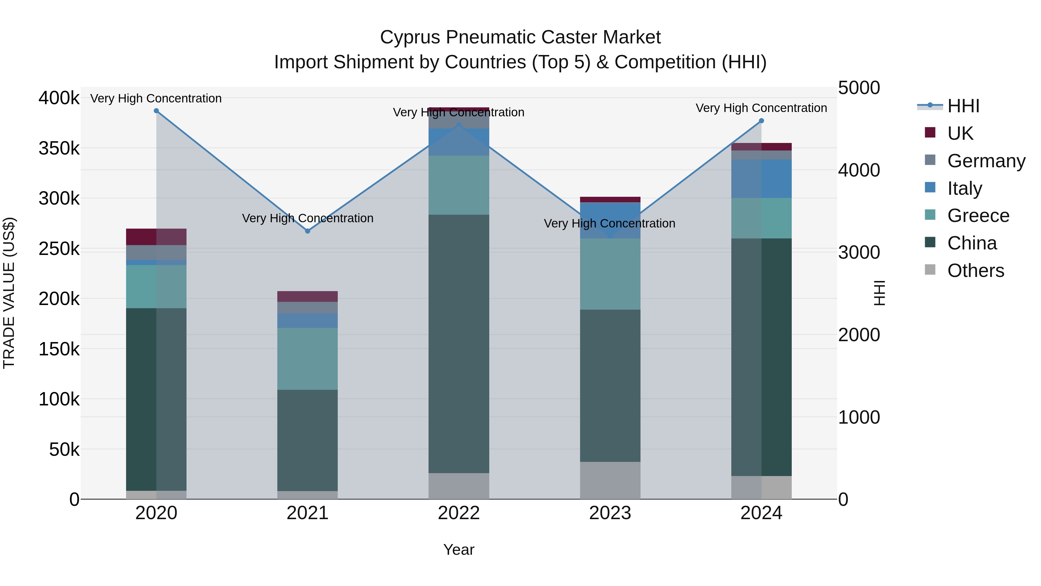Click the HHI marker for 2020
click(156, 111)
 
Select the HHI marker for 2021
click(308, 231)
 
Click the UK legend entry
click(960, 133)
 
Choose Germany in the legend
click(986, 161)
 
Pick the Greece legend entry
click(978, 216)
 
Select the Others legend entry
click(976, 271)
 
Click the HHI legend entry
click(964, 106)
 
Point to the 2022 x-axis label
click(459, 513)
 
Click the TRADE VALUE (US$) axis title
click(9, 293)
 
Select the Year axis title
click(459, 550)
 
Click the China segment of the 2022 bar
click(459, 344)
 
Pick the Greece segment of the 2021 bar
click(308, 359)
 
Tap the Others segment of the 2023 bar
click(610, 480)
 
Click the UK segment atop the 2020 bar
click(156, 237)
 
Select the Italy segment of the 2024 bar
click(761, 179)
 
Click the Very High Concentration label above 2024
click(761, 108)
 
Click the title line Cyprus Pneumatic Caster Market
click(520, 37)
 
